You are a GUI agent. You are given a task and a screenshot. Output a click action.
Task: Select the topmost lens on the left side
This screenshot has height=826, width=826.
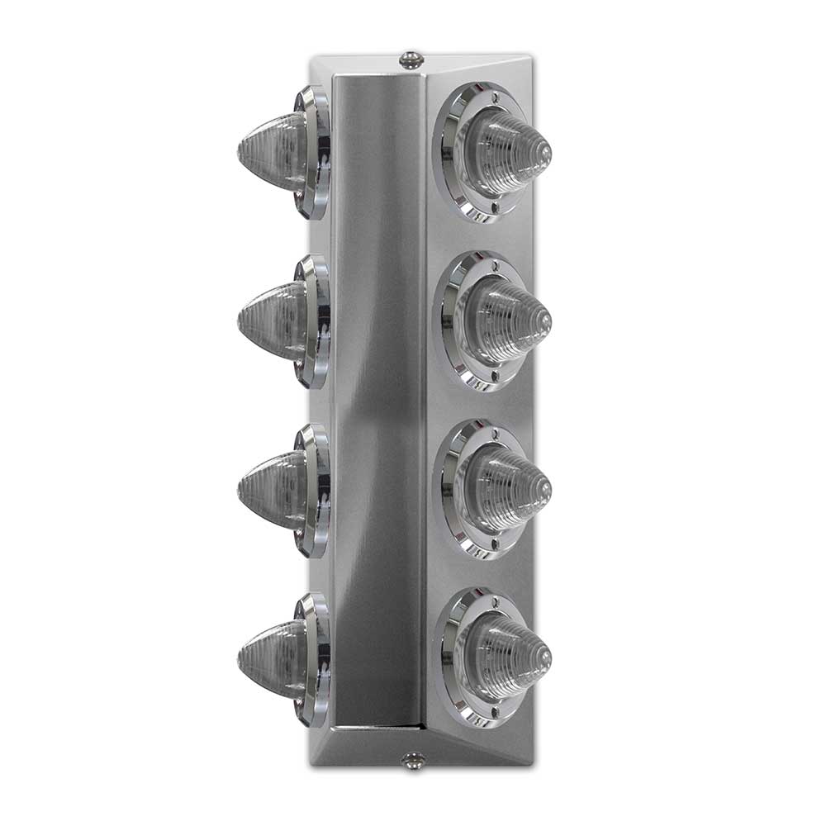coord(273,152)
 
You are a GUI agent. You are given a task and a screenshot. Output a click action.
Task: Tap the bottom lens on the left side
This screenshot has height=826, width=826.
coord(273,658)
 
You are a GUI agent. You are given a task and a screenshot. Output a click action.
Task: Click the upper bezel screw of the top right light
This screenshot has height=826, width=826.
coord(493,97)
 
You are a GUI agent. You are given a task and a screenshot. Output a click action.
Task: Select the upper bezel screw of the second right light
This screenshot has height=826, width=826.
coord(493,265)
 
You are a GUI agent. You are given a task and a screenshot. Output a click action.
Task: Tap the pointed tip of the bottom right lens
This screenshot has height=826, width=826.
coord(546,657)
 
